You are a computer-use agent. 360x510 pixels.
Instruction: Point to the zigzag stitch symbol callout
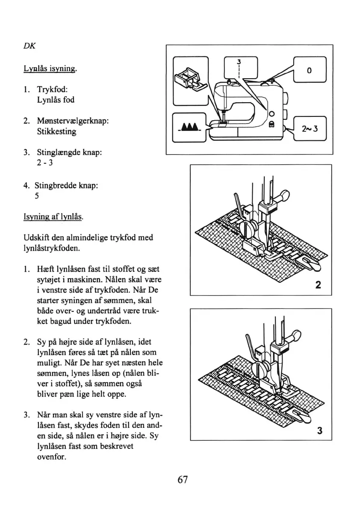point(189,127)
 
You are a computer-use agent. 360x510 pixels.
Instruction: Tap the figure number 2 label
point(318,285)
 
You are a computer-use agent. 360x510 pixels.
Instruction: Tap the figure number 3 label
point(319,430)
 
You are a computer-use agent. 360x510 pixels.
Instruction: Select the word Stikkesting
point(56,132)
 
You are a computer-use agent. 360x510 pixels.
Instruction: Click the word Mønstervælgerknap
point(72,121)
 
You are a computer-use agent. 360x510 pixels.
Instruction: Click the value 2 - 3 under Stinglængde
point(44,163)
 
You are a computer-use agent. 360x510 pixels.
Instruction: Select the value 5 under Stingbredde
point(37,196)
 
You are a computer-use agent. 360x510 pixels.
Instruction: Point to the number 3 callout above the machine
point(239,61)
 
